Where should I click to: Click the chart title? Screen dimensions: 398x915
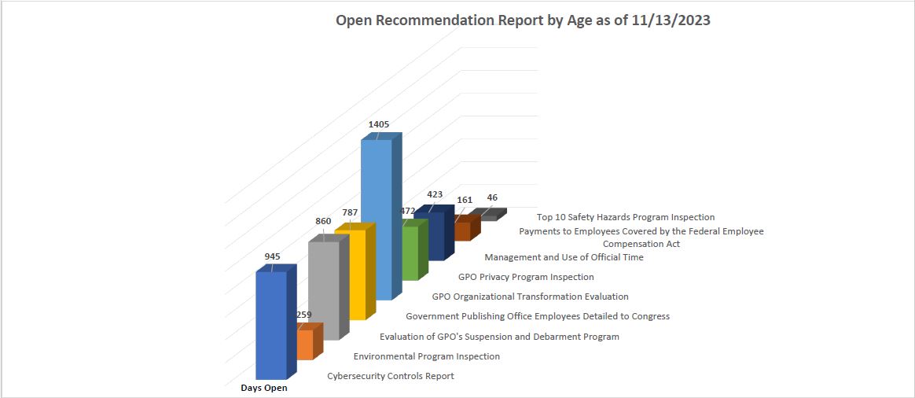point(523,21)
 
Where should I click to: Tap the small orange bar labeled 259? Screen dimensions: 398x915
point(305,344)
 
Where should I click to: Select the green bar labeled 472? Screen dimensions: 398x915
point(410,253)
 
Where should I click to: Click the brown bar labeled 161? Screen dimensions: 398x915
point(462,230)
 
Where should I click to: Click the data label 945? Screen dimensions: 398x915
point(273,256)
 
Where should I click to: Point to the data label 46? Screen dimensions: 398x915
point(492,198)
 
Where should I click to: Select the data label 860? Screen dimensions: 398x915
point(323,222)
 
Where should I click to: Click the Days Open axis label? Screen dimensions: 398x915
point(264,388)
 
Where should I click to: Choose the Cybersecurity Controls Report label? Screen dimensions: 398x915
point(391,376)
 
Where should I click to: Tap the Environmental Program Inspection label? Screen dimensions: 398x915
point(427,356)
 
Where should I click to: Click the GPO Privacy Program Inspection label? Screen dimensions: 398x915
point(526,277)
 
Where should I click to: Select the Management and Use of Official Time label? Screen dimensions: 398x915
point(564,257)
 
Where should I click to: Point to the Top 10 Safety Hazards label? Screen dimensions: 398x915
point(626,217)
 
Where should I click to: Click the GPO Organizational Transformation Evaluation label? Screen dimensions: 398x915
point(531,297)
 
